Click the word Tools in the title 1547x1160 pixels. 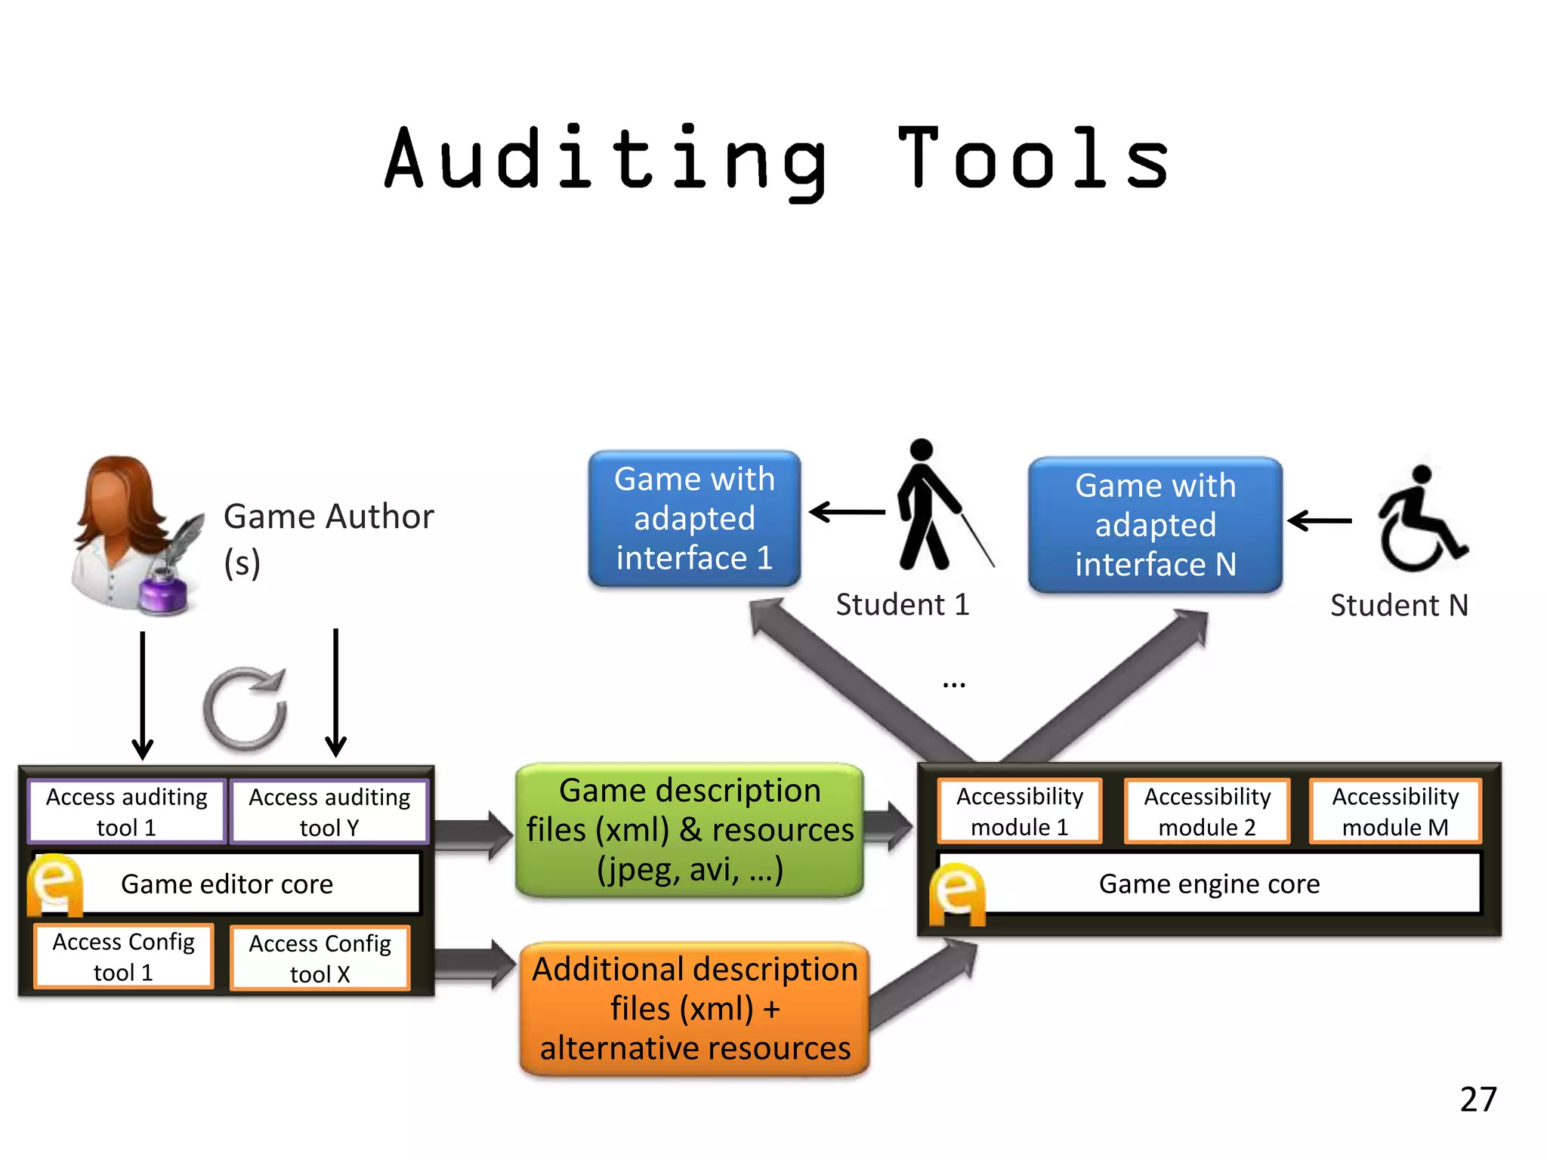[1033, 159]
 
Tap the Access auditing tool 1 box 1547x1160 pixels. [127, 811]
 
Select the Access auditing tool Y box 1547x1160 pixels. [329, 812]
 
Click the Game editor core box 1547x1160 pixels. [227, 884]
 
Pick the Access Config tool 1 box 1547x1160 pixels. [124, 956]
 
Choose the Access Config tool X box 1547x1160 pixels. [320, 958]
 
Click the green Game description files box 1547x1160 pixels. [690, 830]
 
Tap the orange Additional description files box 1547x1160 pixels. [695, 1008]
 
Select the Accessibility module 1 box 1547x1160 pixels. [1020, 811]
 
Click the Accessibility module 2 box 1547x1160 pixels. [1207, 811]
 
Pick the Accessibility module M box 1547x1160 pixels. [1395, 811]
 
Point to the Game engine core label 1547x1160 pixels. [1209, 884]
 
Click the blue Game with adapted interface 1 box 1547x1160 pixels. [694, 519]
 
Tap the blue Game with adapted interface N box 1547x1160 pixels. [1156, 525]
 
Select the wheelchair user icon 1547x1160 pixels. [1419, 521]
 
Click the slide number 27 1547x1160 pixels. [1478, 1099]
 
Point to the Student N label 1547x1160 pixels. [1399, 605]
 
